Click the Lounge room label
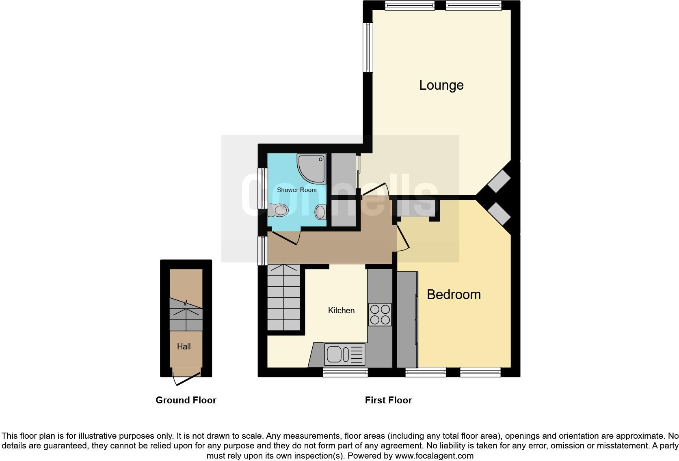441,85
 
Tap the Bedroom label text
454,295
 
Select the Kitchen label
341,310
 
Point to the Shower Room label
296,190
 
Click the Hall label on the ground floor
184,347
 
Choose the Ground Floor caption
186,401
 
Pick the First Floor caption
388,401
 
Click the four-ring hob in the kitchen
380,315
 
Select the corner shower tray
311,168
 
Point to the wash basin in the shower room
320,211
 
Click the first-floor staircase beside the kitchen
284,297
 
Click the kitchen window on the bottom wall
345,372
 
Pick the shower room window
263,189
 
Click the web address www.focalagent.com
434,456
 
